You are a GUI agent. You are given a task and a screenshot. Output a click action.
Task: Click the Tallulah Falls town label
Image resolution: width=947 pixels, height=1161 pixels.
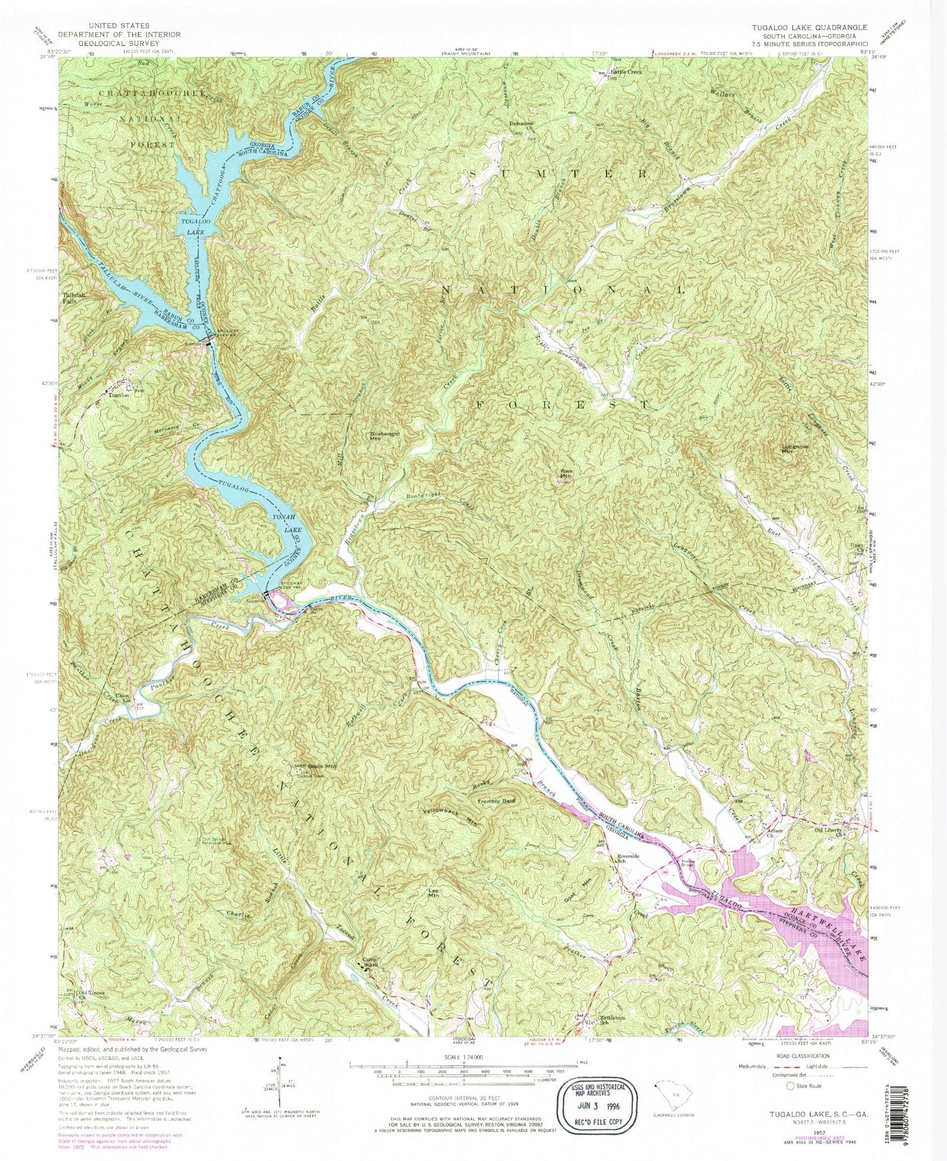[74, 297]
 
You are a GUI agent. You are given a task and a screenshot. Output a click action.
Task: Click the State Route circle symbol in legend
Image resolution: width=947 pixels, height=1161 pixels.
[790, 1086]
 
